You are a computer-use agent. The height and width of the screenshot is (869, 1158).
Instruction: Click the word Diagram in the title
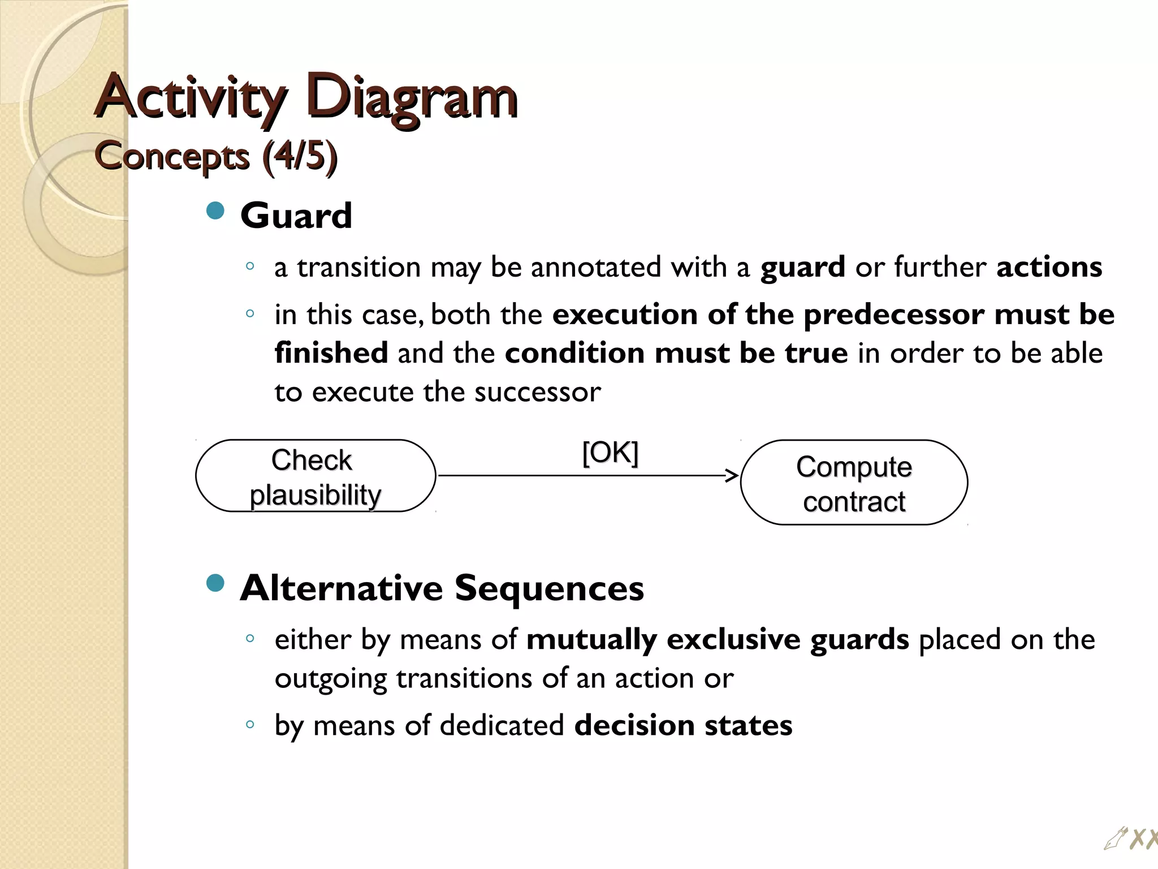coord(412,97)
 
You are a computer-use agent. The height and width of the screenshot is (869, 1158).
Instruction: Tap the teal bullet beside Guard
coord(215,211)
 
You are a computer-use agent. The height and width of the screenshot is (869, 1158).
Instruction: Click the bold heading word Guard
coord(296,216)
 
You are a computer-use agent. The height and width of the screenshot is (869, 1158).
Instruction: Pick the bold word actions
coord(1049,266)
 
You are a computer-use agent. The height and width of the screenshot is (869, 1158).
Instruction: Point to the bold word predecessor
coord(894,315)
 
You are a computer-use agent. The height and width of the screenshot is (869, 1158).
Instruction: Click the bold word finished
coord(331,353)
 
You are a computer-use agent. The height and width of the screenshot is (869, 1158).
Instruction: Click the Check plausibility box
coord(315,476)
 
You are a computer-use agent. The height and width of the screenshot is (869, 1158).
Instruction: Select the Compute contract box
coord(854,483)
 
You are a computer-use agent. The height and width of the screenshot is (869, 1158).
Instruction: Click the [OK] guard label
coord(610,453)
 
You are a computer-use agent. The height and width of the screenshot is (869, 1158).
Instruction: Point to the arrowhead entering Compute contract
coord(732,476)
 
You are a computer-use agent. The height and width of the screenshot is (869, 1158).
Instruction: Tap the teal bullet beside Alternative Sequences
coord(215,583)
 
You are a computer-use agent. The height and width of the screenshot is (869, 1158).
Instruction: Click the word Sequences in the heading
coord(548,588)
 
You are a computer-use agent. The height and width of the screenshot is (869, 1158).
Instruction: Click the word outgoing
coord(330,678)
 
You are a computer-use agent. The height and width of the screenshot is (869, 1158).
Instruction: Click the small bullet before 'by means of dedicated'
coord(250,724)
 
